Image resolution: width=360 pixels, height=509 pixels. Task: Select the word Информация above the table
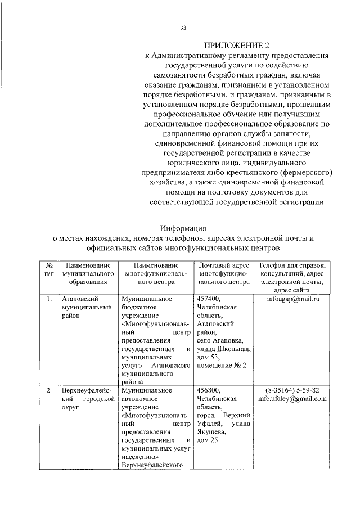(183, 228)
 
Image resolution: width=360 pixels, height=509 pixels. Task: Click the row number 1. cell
(49, 299)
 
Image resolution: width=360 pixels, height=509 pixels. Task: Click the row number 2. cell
(49, 390)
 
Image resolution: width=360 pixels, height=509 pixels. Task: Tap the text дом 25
(207, 440)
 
